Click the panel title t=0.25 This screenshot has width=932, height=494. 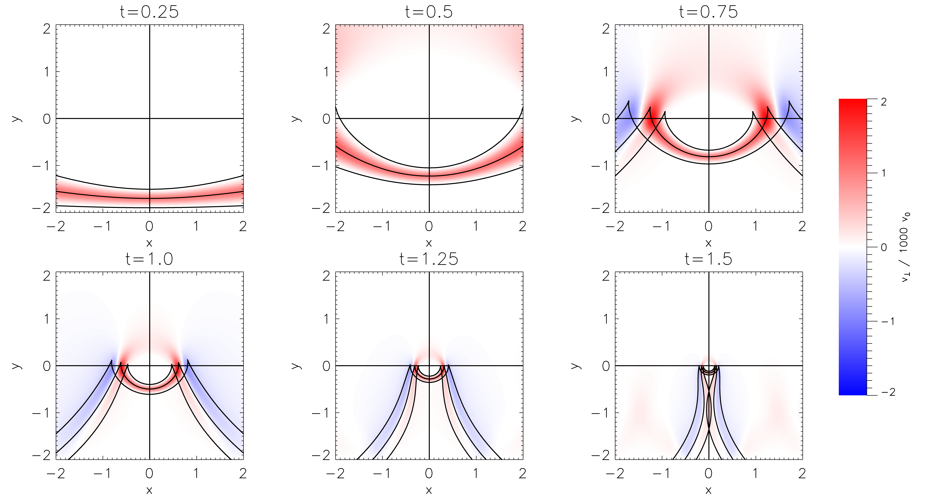(149, 12)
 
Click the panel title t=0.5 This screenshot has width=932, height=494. (429, 12)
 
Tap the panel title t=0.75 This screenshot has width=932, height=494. (708, 12)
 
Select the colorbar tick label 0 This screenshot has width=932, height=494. (884, 247)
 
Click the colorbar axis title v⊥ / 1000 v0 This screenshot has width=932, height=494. (905, 247)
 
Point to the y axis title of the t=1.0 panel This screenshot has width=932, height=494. (16, 366)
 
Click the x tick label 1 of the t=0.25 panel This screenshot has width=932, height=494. (196, 226)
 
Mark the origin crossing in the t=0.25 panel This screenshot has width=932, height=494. (149, 118)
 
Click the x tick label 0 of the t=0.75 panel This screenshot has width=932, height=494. (708, 226)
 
